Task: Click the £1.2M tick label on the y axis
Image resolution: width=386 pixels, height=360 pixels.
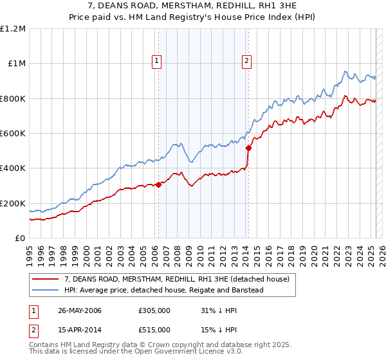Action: click(13, 29)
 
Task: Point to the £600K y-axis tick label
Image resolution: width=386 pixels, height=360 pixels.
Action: click(13, 134)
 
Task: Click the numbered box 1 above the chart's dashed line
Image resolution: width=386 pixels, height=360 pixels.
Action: click(157, 62)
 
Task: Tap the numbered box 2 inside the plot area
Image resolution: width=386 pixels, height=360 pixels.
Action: click(246, 62)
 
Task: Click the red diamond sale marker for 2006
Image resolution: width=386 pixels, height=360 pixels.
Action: click(158, 185)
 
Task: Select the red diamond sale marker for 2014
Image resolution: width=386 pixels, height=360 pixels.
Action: click(248, 148)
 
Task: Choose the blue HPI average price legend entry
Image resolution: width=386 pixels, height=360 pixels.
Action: click(164, 290)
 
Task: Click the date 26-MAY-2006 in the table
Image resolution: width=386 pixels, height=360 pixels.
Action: click(80, 310)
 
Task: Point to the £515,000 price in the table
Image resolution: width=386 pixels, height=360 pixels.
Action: click(154, 329)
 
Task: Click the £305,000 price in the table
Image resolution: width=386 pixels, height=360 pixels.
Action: click(154, 310)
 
